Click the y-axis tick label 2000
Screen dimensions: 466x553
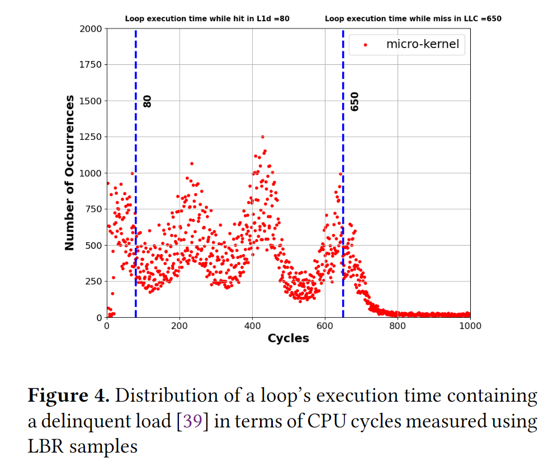91,29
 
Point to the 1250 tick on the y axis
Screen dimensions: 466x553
91,137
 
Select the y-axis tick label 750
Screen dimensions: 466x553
93,209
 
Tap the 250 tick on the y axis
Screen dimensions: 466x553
93,281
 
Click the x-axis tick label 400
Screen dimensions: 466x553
252,326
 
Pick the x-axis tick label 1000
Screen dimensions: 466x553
470,326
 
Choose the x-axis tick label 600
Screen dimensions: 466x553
325,326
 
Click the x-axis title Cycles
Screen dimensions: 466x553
288,338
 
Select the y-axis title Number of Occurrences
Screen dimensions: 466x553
69,173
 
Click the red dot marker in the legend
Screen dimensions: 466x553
365,45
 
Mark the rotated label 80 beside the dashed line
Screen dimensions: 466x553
148,101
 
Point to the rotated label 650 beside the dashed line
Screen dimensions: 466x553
355,101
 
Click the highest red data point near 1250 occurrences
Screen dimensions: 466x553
263,136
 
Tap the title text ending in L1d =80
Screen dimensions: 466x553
207,18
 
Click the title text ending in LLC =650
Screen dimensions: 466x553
413,18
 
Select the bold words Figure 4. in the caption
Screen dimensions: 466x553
68,396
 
